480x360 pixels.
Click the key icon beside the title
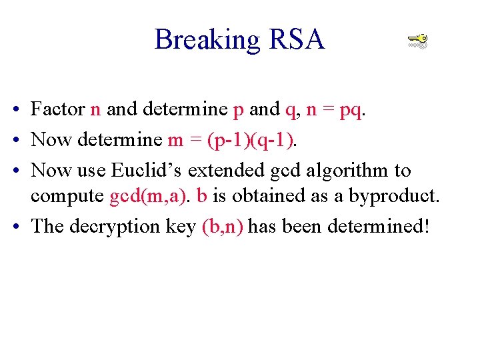pos(417,42)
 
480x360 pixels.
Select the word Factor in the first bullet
pos(58,109)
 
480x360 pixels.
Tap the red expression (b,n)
pos(223,227)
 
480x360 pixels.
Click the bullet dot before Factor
pos(15,110)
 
